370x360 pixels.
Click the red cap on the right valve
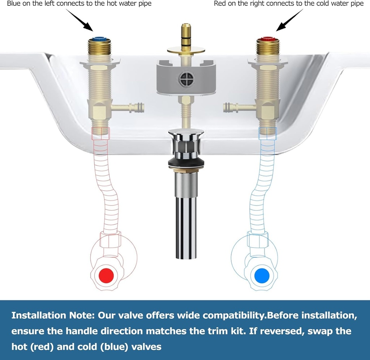pos(268,38)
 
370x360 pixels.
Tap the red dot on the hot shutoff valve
pos(106,276)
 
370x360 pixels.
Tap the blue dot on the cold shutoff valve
pos(262,276)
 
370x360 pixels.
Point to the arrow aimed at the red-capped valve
pos(289,20)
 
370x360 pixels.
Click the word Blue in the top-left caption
pos(14,4)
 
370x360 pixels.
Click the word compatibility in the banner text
pos(233,315)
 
